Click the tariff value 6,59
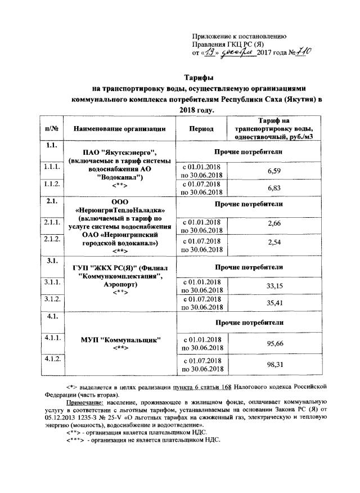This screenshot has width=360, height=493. pos(274,171)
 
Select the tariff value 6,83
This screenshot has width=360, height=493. pos(274,187)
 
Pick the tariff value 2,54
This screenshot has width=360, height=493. pos(274,243)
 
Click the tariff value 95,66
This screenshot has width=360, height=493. pos(274,343)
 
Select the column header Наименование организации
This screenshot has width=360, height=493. pos(119,128)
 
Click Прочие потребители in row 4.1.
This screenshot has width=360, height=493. pos(254,321)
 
